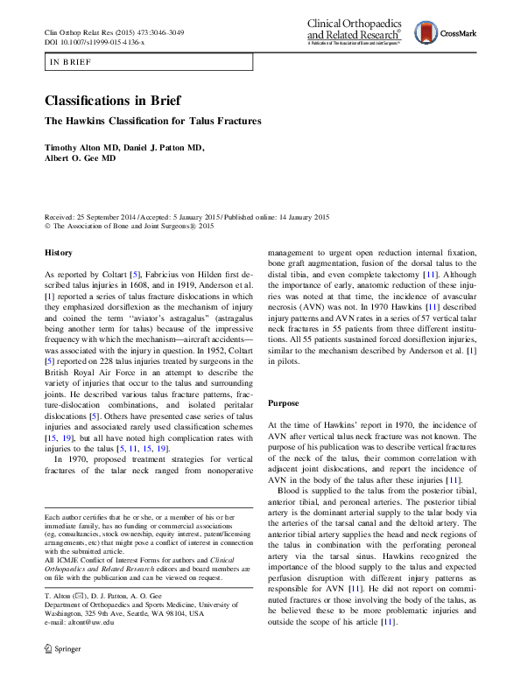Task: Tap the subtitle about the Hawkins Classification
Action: coord(153,122)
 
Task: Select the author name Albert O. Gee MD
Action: coord(81,159)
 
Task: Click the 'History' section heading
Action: coord(60,253)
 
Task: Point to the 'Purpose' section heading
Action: coord(283,403)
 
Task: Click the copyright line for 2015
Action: coord(129,227)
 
